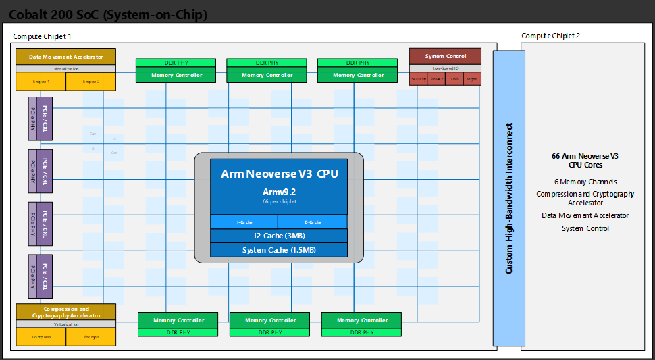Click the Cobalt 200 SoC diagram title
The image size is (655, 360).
coord(108,14)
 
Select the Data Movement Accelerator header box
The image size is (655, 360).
coord(65,57)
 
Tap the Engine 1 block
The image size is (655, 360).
coord(41,82)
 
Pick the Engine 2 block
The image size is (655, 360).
coord(91,82)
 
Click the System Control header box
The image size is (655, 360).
coord(446,56)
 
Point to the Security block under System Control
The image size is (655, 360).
coord(419,79)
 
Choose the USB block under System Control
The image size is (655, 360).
coord(454,79)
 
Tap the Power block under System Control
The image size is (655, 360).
coord(437,79)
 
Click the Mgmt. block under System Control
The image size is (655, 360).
coord(473,79)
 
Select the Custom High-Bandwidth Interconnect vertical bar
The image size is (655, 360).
coord(509,198)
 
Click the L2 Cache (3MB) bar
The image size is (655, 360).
coord(279,236)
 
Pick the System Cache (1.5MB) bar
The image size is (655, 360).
coord(279,250)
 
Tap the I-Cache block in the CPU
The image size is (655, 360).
coord(244,222)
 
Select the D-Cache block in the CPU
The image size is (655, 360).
coord(313,222)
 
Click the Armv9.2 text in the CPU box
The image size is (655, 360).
coord(279,192)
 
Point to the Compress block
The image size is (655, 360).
coord(41,336)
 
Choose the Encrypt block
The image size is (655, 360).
coord(91,336)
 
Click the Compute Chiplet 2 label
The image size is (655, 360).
coord(550,36)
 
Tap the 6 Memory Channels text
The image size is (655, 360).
coord(585,182)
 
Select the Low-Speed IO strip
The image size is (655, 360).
coord(446,68)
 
